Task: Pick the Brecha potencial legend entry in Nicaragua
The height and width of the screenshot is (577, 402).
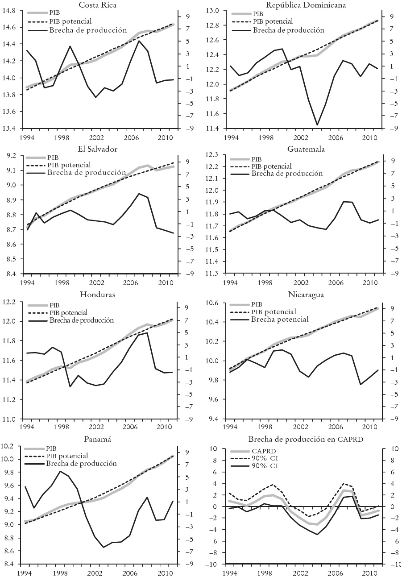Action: pos(280,319)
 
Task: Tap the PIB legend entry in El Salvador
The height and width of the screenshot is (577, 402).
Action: pos(53,158)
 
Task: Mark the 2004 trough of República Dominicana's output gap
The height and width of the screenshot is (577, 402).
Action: pos(317,125)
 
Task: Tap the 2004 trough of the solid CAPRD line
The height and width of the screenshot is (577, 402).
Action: pos(317,534)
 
